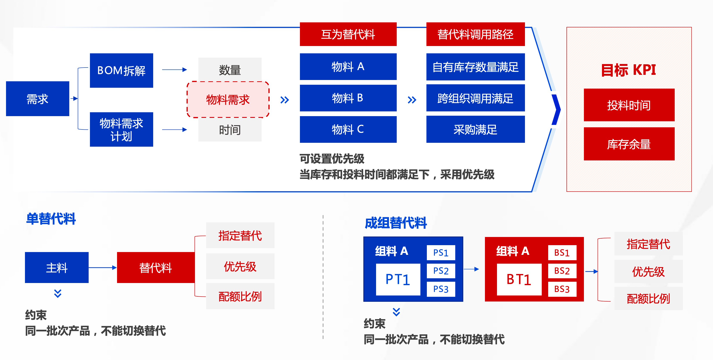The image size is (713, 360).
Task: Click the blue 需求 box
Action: tap(37, 98)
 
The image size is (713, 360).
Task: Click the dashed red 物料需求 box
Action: tap(228, 100)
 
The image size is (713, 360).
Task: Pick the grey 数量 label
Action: tap(230, 70)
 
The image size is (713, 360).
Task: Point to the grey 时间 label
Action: tap(230, 130)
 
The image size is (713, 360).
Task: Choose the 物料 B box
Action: tap(348, 98)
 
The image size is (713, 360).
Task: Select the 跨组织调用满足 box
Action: tap(475, 98)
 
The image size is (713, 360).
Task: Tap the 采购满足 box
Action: tap(475, 129)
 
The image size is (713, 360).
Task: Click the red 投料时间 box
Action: tap(629, 105)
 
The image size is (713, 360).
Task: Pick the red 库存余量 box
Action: tap(629, 144)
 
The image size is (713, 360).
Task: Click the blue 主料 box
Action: tap(57, 268)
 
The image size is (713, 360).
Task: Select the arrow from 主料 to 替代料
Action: tap(102, 268)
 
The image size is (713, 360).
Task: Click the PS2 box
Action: tap(441, 271)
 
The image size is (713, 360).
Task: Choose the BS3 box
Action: tap(562, 289)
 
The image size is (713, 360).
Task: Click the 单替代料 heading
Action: tap(51, 218)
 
